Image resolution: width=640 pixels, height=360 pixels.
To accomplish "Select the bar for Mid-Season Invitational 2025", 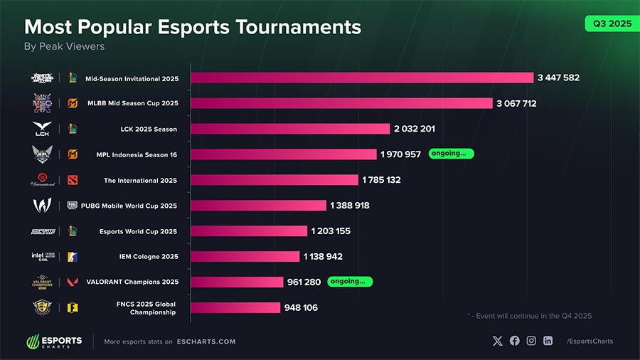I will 361,78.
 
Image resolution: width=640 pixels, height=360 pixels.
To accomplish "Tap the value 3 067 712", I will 516,103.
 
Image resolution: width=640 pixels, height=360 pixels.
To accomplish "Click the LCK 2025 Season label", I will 149,129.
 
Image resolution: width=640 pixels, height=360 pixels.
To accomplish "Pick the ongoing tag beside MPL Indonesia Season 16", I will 451,154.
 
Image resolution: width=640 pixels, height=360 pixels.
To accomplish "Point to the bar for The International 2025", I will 274,180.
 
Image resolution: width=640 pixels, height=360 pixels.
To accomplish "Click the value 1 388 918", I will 350,206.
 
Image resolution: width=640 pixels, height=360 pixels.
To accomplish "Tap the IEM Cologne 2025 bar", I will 245,256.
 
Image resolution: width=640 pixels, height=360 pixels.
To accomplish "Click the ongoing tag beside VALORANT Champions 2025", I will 350,282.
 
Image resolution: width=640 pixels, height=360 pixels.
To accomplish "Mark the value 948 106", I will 302,307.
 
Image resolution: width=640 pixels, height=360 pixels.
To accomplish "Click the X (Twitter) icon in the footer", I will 497,341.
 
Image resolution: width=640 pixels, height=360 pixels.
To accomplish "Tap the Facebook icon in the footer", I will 514,341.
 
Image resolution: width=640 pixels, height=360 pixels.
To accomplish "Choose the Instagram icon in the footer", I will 531,341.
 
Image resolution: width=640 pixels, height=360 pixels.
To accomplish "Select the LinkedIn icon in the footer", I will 548,341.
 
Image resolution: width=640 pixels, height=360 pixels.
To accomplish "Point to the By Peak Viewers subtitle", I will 65,46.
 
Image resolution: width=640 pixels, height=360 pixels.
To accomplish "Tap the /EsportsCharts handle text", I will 590,342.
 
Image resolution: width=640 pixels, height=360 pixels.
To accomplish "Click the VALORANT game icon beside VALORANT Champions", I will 73,282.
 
